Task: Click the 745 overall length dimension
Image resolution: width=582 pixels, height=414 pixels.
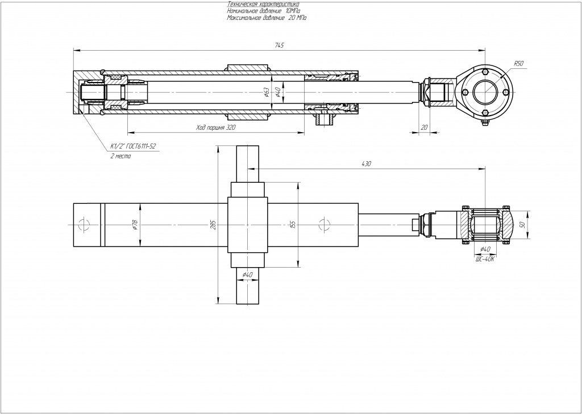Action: (x=279, y=45)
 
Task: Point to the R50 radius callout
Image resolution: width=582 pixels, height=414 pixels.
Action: (x=518, y=64)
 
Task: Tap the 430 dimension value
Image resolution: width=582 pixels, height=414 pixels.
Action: (x=366, y=164)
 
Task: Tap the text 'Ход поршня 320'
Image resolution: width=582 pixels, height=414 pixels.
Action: (x=215, y=129)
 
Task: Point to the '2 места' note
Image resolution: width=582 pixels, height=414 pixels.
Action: (x=120, y=155)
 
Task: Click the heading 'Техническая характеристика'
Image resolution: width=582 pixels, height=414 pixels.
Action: (x=259, y=5)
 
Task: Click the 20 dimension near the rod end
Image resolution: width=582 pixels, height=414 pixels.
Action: (x=423, y=128)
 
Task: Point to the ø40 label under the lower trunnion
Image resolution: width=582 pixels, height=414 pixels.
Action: (x=247, y=275)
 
